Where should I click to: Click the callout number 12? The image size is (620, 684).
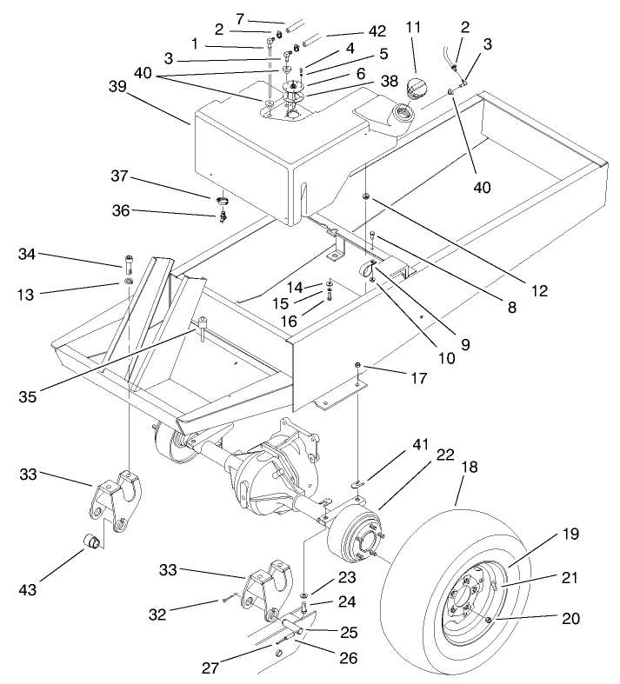(541, 292)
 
